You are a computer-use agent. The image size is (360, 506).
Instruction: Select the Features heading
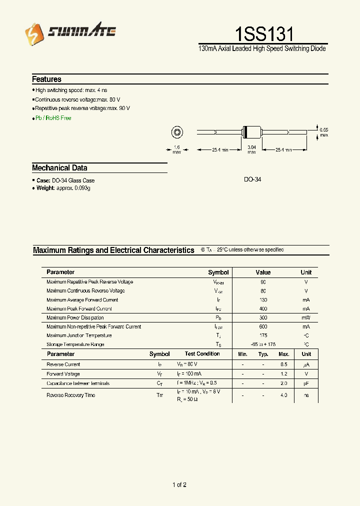tap(46, 79)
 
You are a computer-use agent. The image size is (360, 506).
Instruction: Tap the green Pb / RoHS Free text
tap(53, 118)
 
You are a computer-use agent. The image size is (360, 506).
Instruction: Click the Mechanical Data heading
tap(59, 168)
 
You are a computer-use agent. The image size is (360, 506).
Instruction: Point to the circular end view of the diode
tap(176, 132)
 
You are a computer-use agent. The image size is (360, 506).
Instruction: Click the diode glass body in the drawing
tap(251, 132)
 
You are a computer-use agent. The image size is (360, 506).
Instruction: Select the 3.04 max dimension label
tap(251, 149)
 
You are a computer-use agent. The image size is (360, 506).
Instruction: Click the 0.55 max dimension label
tap(324, 132)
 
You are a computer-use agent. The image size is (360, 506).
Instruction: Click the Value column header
tap(263, 272)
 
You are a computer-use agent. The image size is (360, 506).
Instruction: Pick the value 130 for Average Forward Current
tap(263, 300)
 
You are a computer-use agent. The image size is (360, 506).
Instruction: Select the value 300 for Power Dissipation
tap(263, 317)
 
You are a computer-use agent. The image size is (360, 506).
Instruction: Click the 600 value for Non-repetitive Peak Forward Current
tap(263, 326)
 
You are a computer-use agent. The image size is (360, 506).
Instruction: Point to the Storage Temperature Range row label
tap(75, 344)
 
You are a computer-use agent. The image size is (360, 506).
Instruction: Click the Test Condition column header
tap(202, 354)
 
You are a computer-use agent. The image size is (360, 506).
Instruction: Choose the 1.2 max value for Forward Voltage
tap(283, 374)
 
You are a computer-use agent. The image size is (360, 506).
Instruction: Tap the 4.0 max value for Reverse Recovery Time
tap(283, 395)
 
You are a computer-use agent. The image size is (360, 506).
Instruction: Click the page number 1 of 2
tap(179, 484)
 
